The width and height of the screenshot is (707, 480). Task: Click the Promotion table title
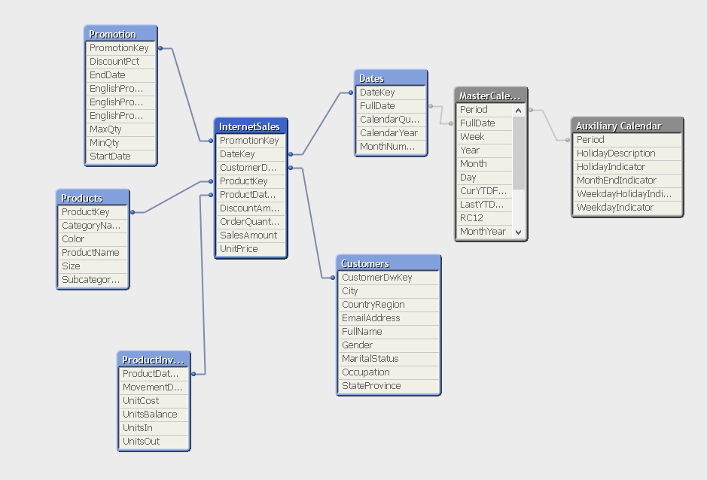click(113, 34)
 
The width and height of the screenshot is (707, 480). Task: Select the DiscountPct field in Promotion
click(114, 62)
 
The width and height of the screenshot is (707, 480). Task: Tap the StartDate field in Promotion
click(110, 156)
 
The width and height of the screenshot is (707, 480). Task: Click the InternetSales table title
click(249, 126)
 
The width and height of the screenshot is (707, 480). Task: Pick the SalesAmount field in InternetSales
click(248, 235)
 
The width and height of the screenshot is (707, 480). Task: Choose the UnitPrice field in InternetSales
click(239, 249)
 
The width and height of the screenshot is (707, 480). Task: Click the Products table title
click(82, 198)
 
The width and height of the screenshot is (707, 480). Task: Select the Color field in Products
click(73, 239)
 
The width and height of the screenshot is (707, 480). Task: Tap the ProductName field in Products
click(90, 253)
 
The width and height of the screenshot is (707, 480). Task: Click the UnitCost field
click(141, 401)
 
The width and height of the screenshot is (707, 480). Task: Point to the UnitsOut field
click(142, 442)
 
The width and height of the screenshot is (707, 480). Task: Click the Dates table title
click(372, 78)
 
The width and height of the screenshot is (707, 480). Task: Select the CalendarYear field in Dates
click(389, 133)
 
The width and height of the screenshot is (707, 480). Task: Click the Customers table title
click(365, 263)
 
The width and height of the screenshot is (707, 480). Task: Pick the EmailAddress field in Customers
click(371, 318)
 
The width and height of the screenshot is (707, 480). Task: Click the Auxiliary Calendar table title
click(619, 126)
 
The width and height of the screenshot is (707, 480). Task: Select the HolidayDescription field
click(616, 153)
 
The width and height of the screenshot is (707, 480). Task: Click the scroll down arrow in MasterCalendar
click(519, 232)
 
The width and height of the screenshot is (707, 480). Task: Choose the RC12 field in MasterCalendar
click(472, 218)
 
